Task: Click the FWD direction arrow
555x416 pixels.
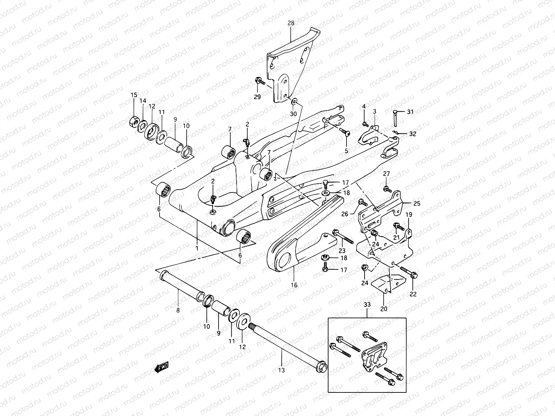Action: [x=162, y=367]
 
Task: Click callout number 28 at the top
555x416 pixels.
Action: [x=291, y=23]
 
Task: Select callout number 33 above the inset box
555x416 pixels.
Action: [x=367, y=304]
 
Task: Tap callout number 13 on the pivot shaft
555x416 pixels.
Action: [x=281, y=370]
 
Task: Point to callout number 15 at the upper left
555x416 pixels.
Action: [x=134, y=95]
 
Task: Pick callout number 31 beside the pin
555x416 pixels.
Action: [x=410, y=112]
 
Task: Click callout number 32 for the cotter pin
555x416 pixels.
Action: [x=412, y=133]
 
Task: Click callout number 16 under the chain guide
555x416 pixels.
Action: [x=294, y=285]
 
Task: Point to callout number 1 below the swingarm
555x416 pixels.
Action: [x=197, y=248]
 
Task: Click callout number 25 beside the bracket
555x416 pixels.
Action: [x=417, y=203]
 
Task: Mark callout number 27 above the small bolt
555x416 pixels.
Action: [x=386, y=174]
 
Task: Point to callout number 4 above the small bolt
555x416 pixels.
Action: [x=364, y=106]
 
